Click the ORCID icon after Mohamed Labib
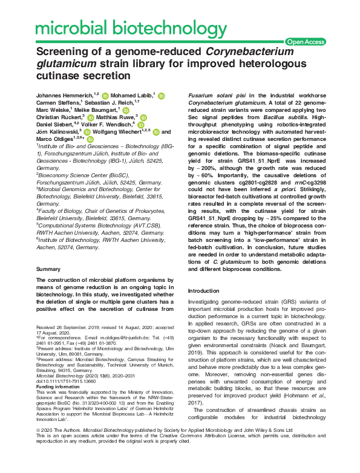160,96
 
